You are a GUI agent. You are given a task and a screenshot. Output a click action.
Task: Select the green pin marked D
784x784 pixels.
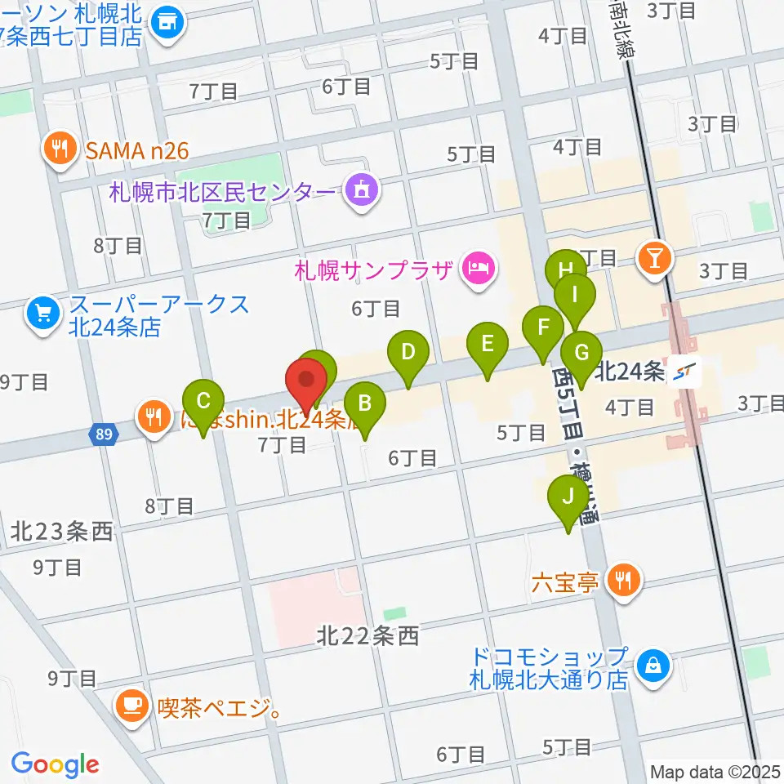pyautogui.click(x=408, y=354)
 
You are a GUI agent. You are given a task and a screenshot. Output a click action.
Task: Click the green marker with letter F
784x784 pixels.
pyautogui.click(x=542, y=329)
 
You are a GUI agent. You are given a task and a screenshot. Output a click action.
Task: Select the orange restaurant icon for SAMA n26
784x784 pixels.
pyautogui.click(x=60, y=149)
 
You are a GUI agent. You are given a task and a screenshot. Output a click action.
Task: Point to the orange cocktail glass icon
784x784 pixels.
pyautogui.click(x=655, y=258)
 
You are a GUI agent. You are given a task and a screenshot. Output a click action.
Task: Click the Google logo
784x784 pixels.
pyautogui.click(x=55, y=764)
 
